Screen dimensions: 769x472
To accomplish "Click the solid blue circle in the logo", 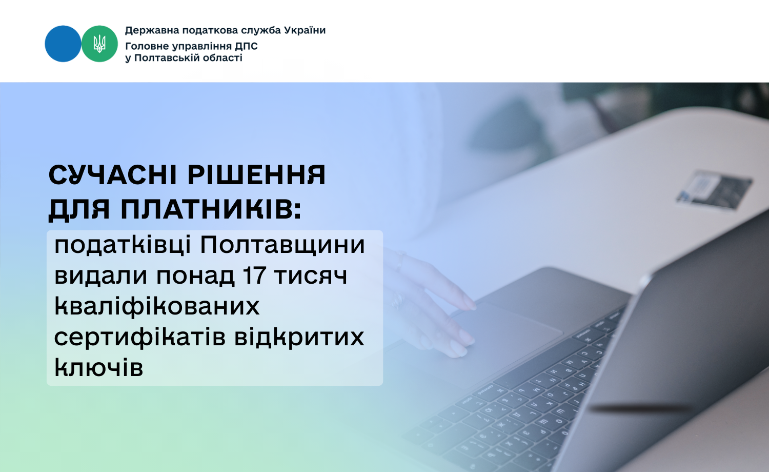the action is click(x=63, y=44).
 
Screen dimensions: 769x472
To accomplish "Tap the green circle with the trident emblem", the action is click(x=99, y=44).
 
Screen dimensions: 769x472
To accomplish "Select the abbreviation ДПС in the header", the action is click(x=246, y=46).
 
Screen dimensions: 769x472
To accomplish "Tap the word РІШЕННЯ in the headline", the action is click(x=257, y=175).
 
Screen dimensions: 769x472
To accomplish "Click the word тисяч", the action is click(x=311, y=276).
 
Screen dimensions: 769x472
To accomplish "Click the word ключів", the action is click(x=98, y=367).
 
